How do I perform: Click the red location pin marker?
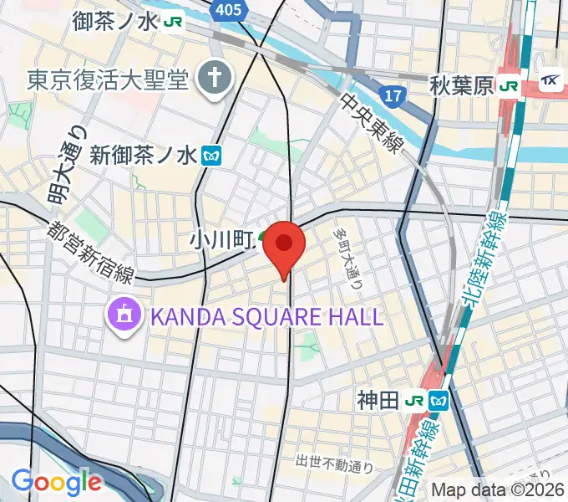tap(284, 246)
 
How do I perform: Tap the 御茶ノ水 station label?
tap(114, 20)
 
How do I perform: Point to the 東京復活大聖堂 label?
tap(109, 79)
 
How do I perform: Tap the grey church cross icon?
tap(215, 79)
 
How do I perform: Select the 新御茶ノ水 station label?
tap(143, 154)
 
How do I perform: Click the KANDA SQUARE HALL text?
tap(266, 316)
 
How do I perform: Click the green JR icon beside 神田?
tap(413, 401)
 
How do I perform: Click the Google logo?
tap(56, 482)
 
